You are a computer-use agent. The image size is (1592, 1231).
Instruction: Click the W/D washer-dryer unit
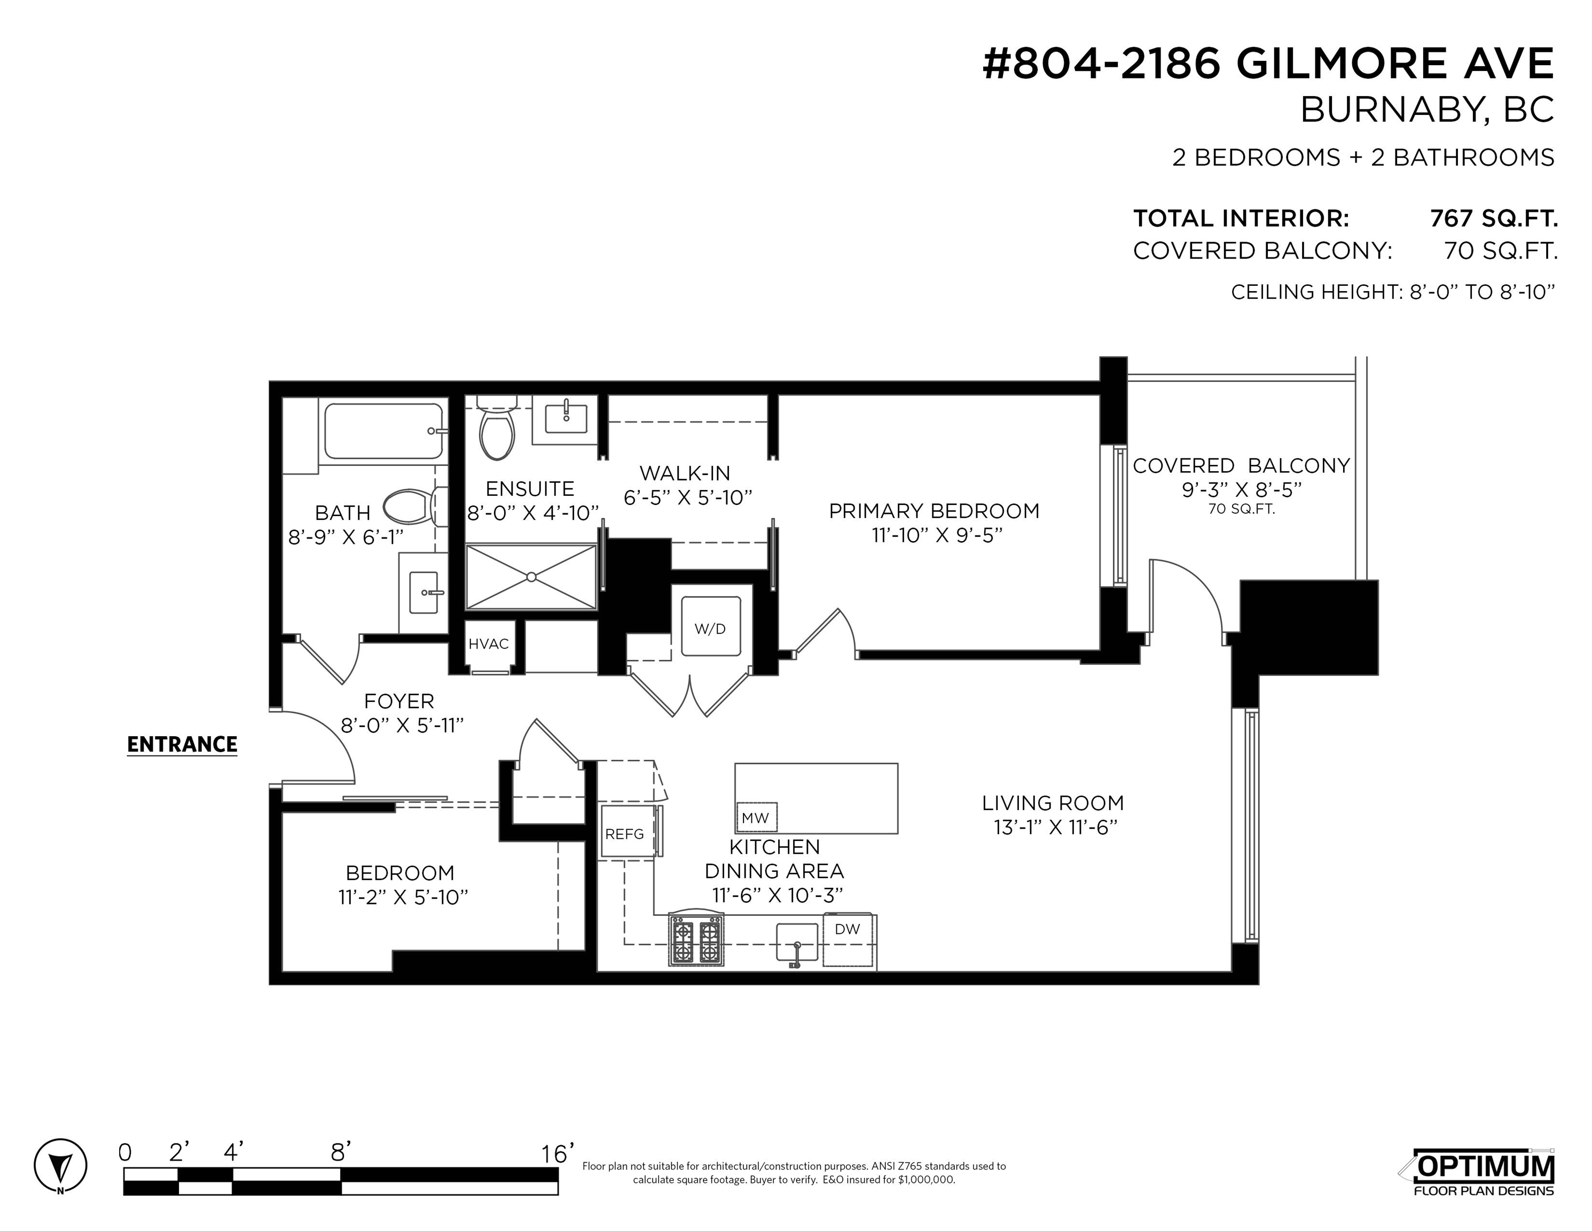(711, 626)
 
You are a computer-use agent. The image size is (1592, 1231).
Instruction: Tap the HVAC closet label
(489, 644)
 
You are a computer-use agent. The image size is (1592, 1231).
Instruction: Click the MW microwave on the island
(756, 817)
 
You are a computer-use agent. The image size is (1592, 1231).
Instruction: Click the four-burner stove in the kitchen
(696, 941)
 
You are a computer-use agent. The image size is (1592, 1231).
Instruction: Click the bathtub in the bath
(383, 432)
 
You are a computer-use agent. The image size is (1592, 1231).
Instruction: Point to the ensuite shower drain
(531, 577)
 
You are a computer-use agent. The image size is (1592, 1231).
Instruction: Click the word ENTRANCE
(182, 745)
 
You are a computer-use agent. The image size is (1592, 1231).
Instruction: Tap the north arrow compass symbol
(60, 1165)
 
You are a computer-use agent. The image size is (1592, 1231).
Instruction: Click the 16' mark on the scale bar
(557, 1154)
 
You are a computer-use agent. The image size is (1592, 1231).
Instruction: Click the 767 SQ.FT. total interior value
(1494, 218)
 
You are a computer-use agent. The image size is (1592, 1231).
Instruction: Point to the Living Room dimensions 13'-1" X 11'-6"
(1055, 827)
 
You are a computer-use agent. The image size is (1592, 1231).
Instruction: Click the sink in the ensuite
(566, 418)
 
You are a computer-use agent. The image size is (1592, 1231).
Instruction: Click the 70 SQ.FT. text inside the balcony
(1241, 509)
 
